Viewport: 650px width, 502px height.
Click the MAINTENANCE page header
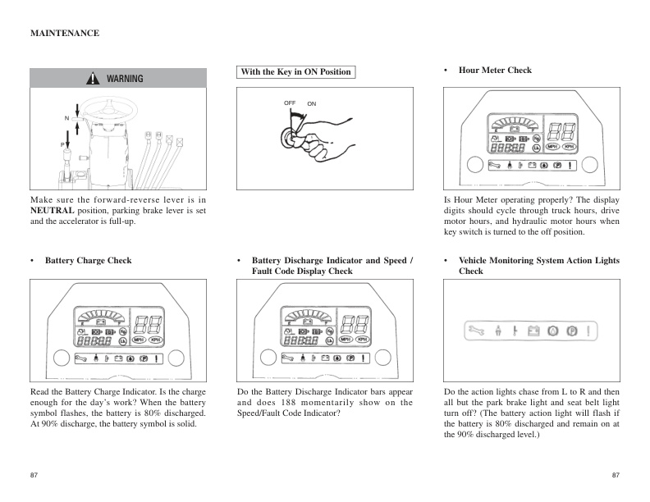(65, 34)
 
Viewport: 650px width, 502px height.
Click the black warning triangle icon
(95, 79)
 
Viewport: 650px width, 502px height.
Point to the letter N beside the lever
(66, 119)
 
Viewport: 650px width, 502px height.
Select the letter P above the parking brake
(62, 144)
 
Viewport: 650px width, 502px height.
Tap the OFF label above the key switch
(290, 103)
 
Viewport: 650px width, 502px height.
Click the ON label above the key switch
(312, 104)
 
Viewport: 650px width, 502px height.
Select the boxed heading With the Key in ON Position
(295, 72)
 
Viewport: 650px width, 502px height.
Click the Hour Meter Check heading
(495, 71)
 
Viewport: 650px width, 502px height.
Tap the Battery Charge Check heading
(88, 261)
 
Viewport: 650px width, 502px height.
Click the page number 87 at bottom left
(34, 476)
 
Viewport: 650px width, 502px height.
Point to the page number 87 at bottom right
(616, 476)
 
